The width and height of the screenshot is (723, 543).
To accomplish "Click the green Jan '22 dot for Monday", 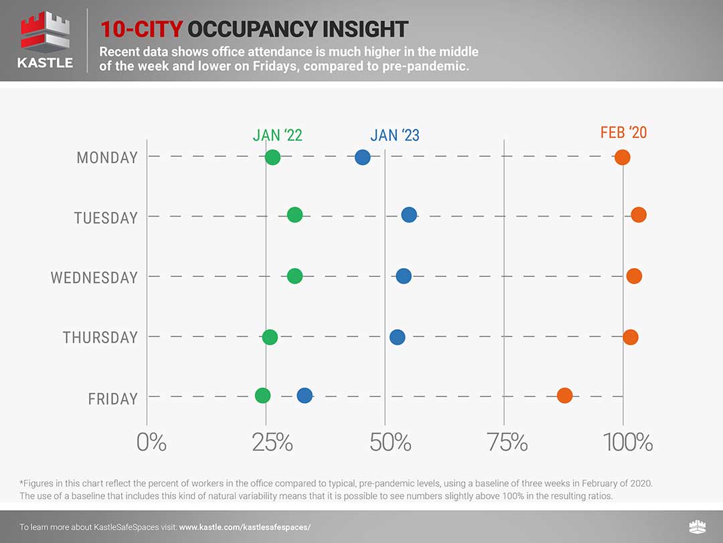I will pyautogui.click(x=272, y=158).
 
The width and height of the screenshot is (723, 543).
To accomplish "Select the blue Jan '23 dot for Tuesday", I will pyautogui.click(x=409, y=215).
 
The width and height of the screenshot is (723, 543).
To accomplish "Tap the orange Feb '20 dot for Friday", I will pyautogui.click(x=564, y=396).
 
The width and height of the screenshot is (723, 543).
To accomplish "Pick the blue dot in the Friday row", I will pyautogui.click(x=305, y=396).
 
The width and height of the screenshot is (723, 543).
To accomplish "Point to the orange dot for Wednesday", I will pyautogui.click(x=634, y=276).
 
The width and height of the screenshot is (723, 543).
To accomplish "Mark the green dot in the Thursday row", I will pyautogui.click(x=270, y=337).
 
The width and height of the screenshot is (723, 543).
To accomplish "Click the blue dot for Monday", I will pyautogui.click(x=362, y=158).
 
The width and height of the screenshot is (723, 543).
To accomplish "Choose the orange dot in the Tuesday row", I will pyautogui.click(x=639, y=215).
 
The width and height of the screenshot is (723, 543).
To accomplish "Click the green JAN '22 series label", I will pyautogui.click(x=277, y=135).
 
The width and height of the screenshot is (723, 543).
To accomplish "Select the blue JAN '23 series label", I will pyautogui.click(x=394, y=135).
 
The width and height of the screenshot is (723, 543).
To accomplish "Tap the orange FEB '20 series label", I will pyautogui.click(x=623, y=132).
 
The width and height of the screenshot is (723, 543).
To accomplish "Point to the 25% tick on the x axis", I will pyautogui.click(x=272, y=442).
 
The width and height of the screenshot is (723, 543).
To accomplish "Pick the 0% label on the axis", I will pyautogui.click(x=151, y=442).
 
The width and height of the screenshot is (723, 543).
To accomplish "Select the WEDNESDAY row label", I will pyautogui.click(x=94, y=278).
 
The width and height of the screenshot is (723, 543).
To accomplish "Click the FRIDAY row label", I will pyautogui.click(x=112, y=399).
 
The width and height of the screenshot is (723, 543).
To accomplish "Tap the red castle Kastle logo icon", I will pyautogui.click(x=45, y=32).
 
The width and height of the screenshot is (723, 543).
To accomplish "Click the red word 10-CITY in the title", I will pyautogui.click(x=141, y=29).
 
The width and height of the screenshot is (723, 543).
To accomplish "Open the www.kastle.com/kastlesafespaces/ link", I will pyautogui.click(x=245, y=528).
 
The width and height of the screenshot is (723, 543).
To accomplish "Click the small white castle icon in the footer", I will pyautogui.click(x=696, y=527).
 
